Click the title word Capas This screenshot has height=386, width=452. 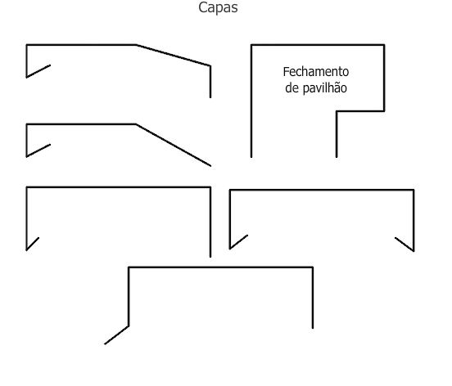218,8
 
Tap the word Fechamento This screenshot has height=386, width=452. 316,72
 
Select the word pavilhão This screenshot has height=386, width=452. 324,88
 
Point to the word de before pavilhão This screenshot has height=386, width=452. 292,88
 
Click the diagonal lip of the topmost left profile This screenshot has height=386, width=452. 38,71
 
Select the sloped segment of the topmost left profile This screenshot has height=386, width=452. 174,56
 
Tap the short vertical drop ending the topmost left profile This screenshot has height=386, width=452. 210,82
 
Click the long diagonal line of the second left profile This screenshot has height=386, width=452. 174,145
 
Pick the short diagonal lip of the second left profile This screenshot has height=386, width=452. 38,150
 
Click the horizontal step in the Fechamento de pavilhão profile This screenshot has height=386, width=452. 360,111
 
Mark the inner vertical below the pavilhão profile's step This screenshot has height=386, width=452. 337,134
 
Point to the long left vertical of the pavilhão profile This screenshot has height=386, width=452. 251,101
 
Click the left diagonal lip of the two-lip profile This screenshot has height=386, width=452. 238,242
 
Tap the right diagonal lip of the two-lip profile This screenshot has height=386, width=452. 405,245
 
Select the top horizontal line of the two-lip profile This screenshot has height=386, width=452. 322,190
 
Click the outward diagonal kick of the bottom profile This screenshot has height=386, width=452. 116,335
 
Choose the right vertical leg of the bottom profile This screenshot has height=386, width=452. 313,298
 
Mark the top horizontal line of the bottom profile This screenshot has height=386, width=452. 220,267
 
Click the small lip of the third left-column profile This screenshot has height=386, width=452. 33,244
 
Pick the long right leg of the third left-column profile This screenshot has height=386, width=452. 210,222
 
